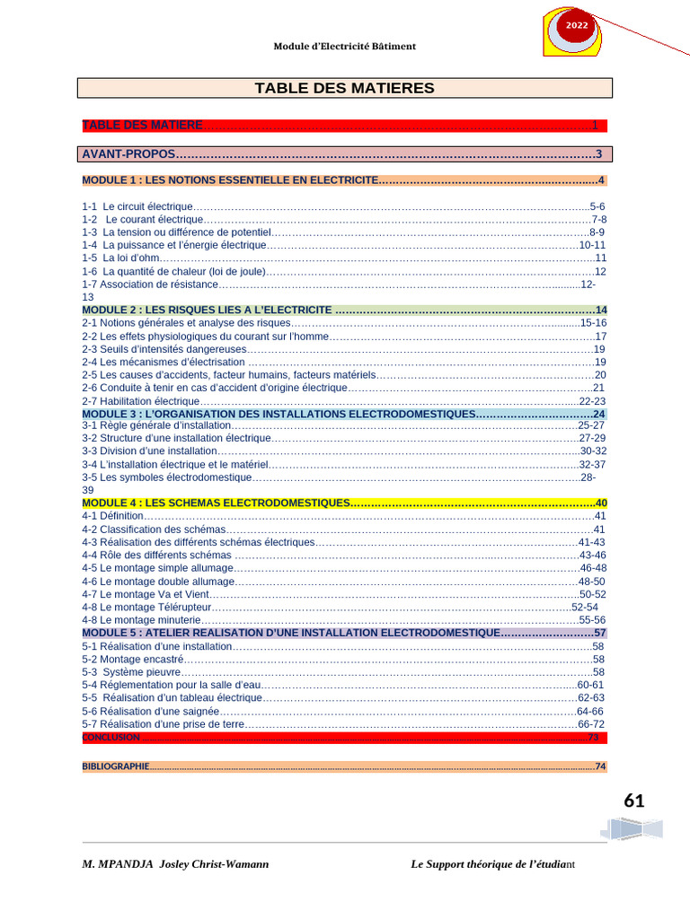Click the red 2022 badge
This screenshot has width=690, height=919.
point(576,26)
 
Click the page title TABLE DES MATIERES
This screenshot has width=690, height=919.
point(344,88)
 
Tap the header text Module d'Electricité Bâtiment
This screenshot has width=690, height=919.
point(344,46)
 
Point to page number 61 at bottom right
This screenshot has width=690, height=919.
point(633,801)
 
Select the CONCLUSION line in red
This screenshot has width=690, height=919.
point(111,737)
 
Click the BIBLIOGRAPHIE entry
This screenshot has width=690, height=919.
point(115,766)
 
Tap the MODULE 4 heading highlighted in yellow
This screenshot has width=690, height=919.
point(216,503)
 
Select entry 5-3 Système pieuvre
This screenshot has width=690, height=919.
point(131,671)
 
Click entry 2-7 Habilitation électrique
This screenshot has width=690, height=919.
point(140,401)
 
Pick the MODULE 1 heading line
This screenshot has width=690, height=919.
point(230,180)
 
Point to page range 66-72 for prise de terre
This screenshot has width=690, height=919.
point(591,723)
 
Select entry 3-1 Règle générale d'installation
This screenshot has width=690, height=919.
point(156,425)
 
